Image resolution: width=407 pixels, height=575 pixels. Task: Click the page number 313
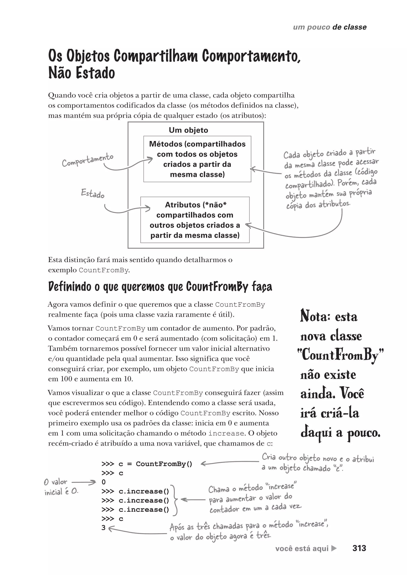[359, 548]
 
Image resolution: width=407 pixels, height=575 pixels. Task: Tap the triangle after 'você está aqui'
[334, 548]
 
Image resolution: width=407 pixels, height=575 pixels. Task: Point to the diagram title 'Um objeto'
[188, 130]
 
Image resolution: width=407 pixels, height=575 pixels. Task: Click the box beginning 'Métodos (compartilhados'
[197, 159]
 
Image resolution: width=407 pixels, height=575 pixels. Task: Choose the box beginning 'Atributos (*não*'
[195, 220]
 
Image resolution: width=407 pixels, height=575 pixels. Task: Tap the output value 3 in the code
[104, 528]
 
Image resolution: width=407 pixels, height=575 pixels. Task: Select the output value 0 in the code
[104, 482]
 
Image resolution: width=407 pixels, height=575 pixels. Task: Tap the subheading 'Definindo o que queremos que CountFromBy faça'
[160, 287]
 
